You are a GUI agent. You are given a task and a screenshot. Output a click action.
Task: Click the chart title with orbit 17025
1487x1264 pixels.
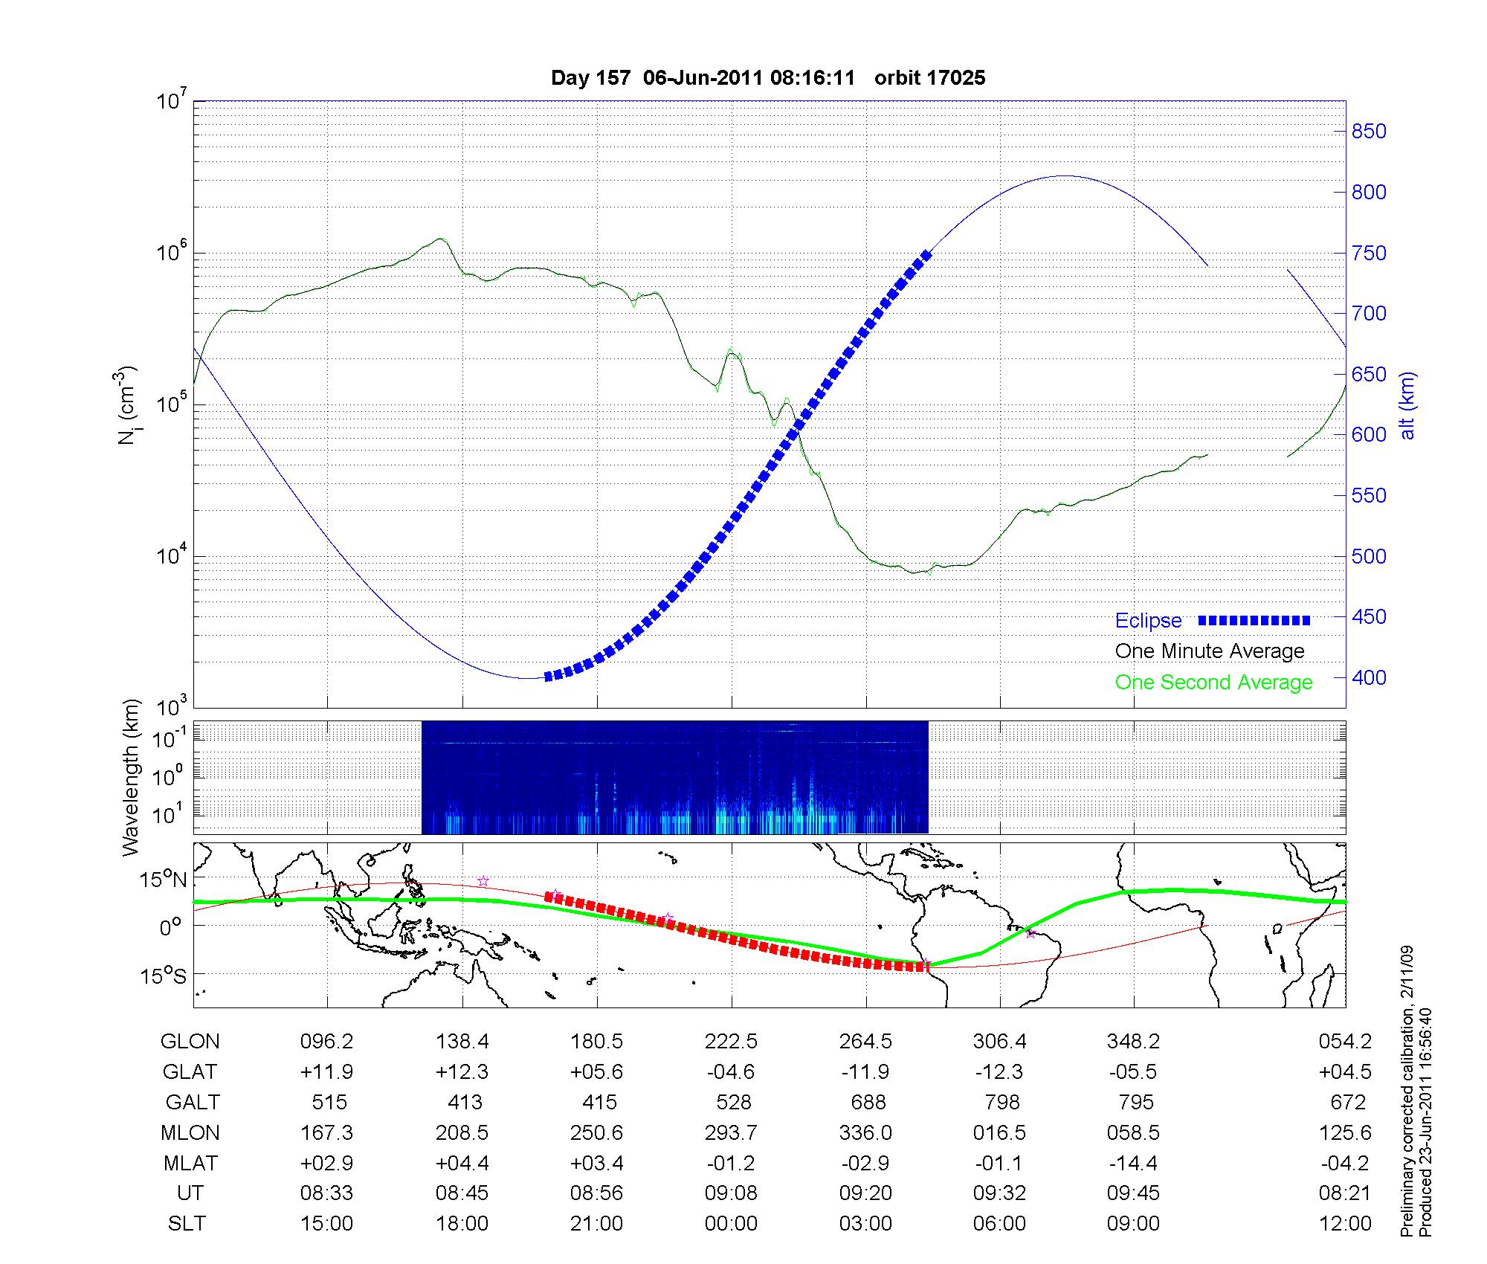(768, 78)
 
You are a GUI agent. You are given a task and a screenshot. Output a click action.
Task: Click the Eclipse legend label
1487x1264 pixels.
(1148, 621)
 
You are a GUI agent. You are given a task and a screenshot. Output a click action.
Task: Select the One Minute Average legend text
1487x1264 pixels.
(1210, 651)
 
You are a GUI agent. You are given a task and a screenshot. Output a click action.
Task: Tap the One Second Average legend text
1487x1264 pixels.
(1213, 683)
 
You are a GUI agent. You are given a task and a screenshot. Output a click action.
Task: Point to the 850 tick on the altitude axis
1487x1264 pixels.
(1369, 132)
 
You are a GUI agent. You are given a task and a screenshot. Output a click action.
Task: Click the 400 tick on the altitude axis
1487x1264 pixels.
(1369, 678)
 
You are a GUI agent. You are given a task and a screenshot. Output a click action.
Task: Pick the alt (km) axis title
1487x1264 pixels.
(1407, 405)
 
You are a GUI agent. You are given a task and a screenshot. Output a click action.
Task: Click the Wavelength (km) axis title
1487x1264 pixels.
(132, 777)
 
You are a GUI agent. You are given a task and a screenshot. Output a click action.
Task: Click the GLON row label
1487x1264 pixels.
(190, 1042)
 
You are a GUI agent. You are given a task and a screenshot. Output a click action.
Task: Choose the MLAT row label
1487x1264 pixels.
(190, 1163)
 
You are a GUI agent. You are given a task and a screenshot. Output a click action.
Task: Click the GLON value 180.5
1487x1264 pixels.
(596, 1042)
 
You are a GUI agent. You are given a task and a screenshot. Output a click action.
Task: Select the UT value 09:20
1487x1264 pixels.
(866, 1193)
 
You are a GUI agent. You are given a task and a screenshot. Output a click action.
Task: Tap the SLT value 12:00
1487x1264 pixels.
(1344, 1224)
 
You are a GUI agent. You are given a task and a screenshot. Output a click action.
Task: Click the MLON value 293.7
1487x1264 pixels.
(732, 1132)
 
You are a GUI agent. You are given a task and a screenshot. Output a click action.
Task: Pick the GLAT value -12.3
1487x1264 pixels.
(999, 1072)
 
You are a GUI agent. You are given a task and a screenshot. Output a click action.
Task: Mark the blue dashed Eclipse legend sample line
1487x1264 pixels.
(1254, 620)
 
